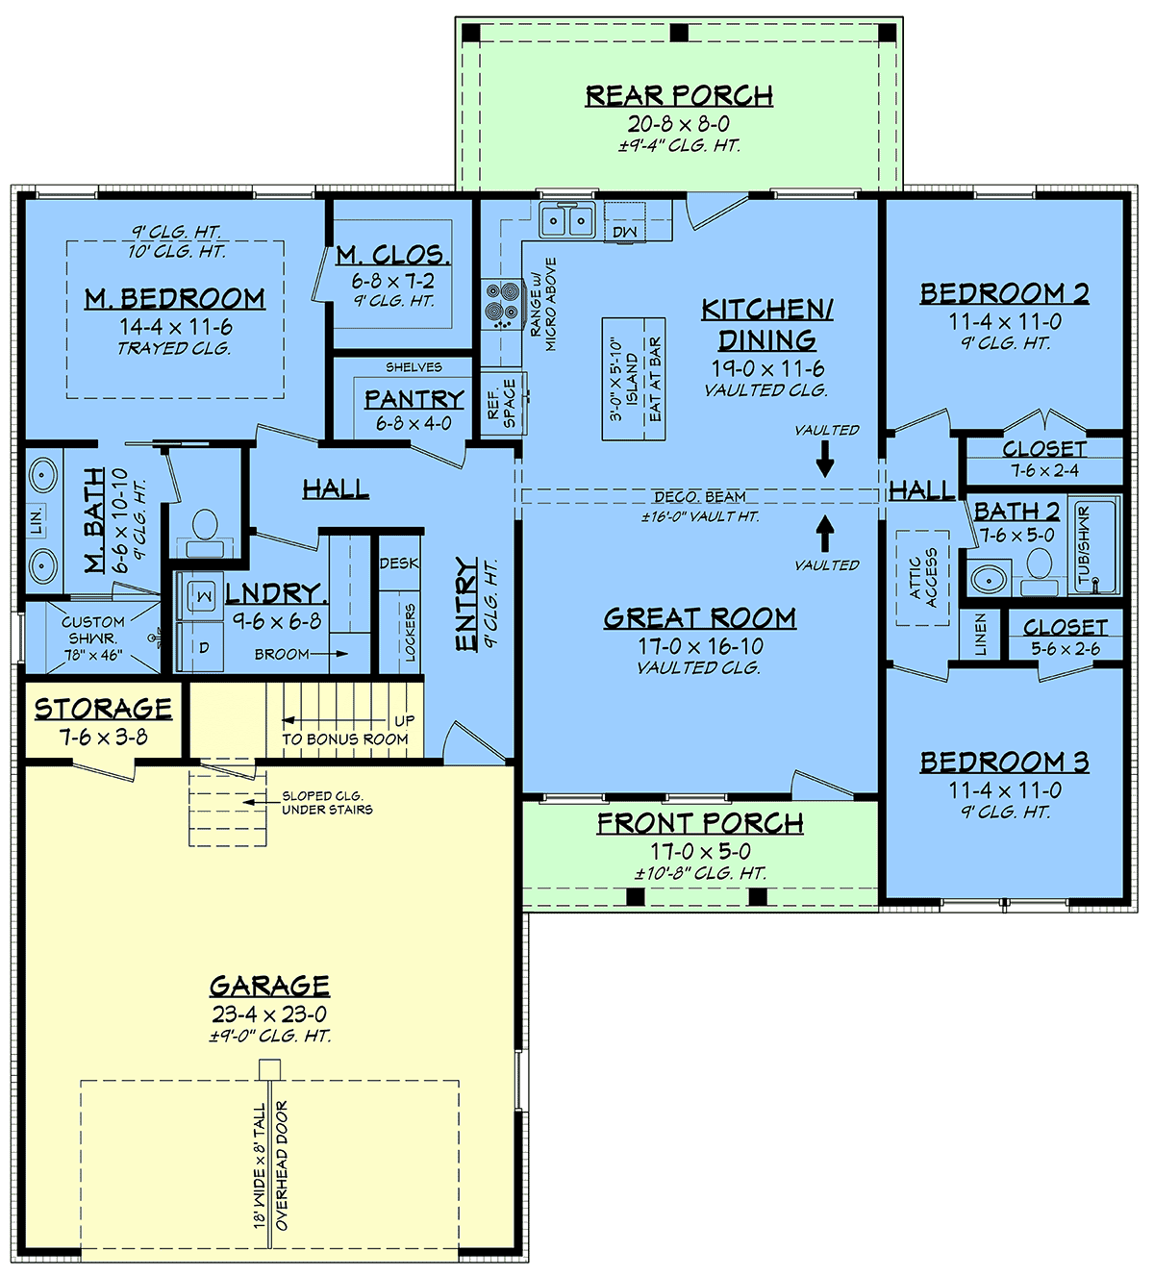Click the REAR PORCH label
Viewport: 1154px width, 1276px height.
(679, 96)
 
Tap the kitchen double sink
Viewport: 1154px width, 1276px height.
(567, 220)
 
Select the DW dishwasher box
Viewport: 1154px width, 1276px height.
(625, 222)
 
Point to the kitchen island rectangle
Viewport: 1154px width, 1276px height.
(634, 379)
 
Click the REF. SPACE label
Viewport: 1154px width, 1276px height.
(502, 403)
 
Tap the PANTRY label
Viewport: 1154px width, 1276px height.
(414, 399)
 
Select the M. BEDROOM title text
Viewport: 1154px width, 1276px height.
(175, 298)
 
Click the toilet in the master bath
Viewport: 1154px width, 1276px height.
(205, 533)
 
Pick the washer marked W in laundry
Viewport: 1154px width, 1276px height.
(201, 596)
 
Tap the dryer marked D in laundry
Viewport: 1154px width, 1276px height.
(201, 646)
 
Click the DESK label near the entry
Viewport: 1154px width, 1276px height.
(399, 563)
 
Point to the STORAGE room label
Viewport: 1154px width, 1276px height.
(103, 709)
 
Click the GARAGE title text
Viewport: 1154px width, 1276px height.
(269, 986)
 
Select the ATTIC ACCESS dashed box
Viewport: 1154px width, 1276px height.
(922, 578)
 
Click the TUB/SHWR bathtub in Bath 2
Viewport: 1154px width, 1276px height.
(1094, 546)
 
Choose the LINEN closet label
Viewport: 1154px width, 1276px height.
(980, 635)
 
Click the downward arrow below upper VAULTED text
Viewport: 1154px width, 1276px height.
(825, 459)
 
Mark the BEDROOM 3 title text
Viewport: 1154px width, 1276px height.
(1005, 762)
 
